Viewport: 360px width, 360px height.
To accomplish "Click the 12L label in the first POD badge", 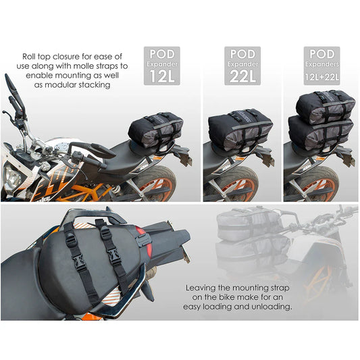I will [163, 74].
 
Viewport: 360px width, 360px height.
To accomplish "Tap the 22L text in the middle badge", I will [242, 74].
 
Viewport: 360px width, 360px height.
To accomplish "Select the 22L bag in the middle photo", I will [240, 129].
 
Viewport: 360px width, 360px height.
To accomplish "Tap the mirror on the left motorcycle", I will [11, 84].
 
